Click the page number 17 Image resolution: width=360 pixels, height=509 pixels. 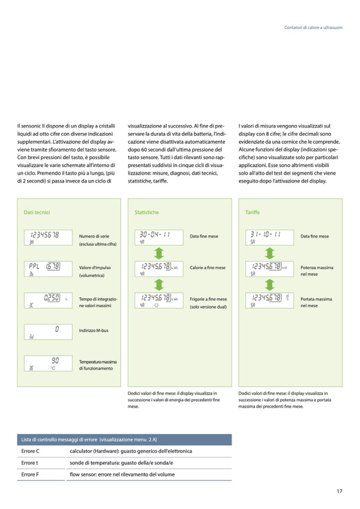[339, 491]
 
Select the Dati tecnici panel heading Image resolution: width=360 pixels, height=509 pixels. [37, 212]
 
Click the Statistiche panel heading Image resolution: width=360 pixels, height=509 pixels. [147, 212]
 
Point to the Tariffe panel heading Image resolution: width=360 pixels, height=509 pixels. [253, 212]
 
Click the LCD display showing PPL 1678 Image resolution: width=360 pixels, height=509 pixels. [48, 269]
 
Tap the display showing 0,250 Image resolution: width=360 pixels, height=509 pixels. [48, 300]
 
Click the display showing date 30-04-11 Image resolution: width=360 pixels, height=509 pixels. [159, 237]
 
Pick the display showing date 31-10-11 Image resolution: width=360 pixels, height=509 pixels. [269, 237]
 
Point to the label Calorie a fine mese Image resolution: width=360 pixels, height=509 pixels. [207, 268]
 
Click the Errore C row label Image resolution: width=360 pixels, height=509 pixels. [30, 451]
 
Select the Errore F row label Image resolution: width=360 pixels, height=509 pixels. [30, 474]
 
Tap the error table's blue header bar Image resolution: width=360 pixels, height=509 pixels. [125, 439]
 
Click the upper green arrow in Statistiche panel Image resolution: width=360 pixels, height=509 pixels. [159, 253]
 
